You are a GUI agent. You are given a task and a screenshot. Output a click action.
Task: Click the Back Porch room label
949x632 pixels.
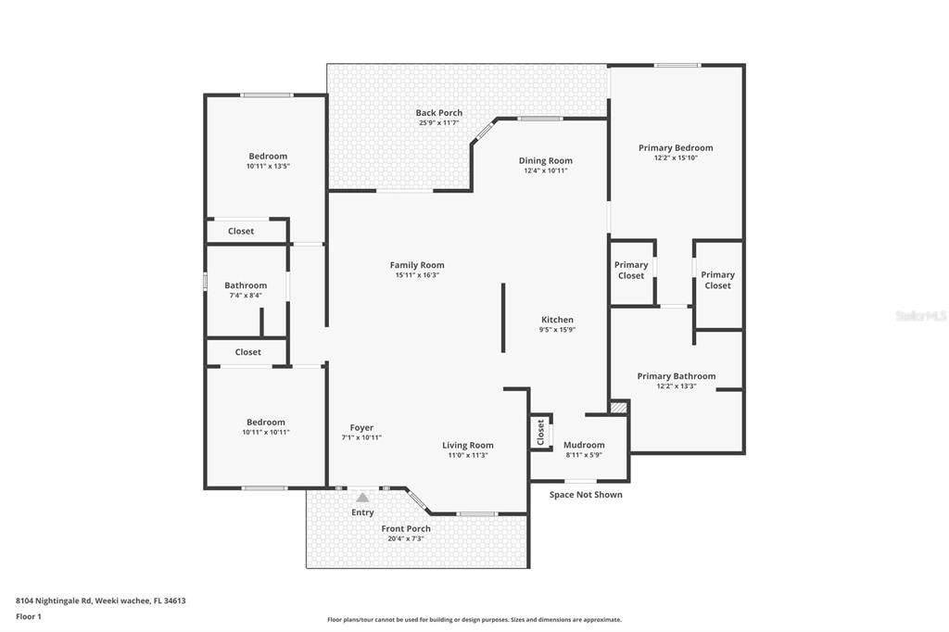438,113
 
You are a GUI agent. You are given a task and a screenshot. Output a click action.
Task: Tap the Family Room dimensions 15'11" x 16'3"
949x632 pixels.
417,275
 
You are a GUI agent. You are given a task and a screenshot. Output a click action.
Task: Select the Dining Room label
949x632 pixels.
545,160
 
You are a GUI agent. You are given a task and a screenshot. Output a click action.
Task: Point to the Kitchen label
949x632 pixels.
557,320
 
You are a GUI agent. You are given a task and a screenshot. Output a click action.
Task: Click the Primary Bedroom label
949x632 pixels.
676,147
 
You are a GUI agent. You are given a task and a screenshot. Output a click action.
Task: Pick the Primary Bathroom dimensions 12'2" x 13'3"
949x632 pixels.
676,386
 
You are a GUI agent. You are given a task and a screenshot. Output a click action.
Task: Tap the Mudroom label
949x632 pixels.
584,445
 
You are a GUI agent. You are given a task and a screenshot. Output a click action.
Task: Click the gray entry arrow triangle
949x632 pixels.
362,498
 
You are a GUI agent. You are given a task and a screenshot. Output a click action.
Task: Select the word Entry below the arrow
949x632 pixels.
362,512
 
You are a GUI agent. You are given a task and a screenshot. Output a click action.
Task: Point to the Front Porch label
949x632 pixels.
406,528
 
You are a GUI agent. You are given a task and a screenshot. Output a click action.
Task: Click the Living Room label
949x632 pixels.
467,446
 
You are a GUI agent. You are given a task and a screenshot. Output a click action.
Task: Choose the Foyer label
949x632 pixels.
361,427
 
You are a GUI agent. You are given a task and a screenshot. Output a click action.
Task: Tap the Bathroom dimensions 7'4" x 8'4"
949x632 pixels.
245,296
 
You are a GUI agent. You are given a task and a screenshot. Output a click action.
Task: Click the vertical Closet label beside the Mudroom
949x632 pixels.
540,432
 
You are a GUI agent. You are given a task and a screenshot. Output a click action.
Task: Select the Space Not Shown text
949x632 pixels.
586,495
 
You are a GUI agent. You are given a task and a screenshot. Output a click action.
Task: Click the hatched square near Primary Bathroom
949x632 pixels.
618,408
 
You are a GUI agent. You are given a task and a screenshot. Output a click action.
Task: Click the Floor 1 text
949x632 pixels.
29,617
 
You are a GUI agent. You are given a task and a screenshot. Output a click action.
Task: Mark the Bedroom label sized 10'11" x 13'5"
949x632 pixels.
268,157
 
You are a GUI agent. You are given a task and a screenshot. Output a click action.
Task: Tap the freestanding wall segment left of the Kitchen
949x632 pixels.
503,317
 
